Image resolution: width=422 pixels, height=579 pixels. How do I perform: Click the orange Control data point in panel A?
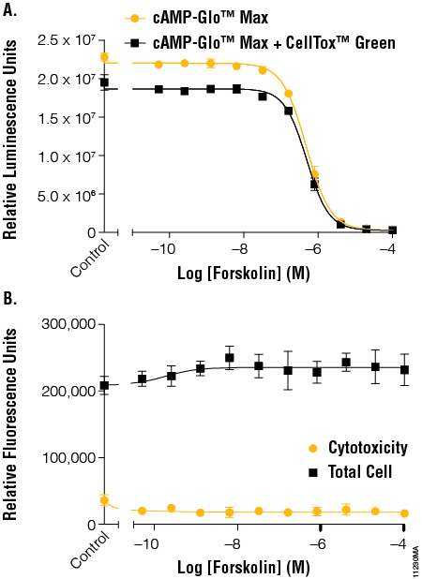point(104,56)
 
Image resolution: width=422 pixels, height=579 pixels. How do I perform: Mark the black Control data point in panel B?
point(104,385)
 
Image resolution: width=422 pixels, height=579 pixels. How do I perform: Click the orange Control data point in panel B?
point(104,500)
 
